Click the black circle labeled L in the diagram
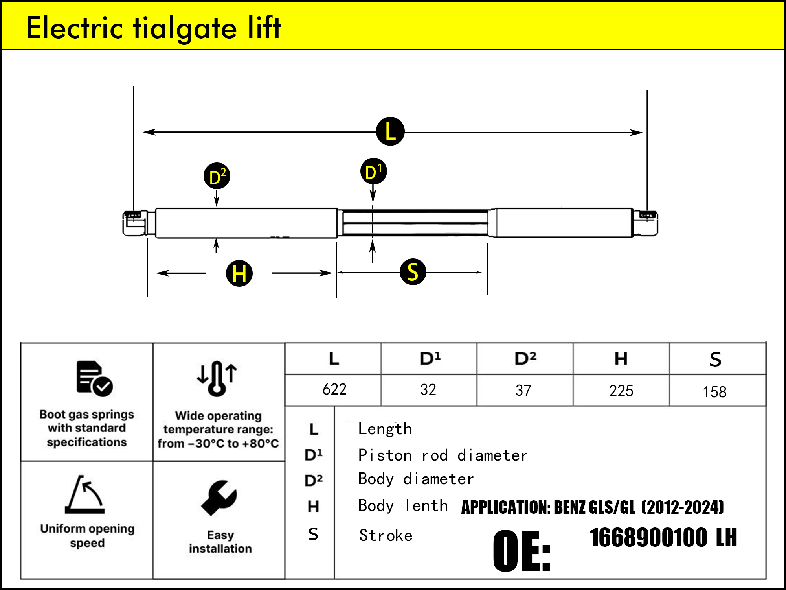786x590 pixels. pos(390,131)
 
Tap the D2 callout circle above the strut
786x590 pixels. pos(217,176)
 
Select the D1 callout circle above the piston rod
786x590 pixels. pos(373,171)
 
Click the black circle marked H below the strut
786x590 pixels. pos(239,273)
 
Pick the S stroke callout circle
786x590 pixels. pos(413,272)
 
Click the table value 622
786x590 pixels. pos(334,389)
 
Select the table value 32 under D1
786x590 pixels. pos(428,390)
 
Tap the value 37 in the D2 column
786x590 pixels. pos(523,390)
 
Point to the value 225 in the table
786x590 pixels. pos(621,391)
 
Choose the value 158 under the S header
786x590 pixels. pos(714,392)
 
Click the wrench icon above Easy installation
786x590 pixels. pos(219,498)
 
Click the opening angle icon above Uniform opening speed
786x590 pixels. pos(85,494)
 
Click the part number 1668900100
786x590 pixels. pos(648,538)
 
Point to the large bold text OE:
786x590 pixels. pos(522,551)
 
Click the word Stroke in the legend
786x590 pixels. pos(386,535)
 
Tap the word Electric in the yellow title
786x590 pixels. pos(75,28)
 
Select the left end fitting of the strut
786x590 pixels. pos(135,223)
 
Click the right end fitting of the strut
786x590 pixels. pos(646,223)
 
